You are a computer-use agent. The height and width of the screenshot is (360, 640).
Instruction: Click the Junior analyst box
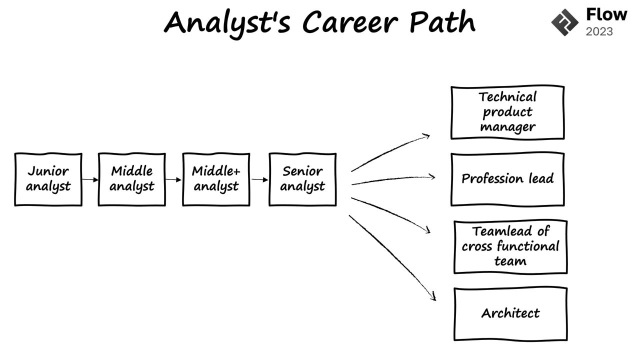tap(48, 179)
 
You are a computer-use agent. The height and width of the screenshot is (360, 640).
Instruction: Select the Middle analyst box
tap(131, 179)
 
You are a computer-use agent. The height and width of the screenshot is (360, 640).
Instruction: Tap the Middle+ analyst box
tap(216, 179)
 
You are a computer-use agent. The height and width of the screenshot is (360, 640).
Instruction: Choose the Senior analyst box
tap(302, 179)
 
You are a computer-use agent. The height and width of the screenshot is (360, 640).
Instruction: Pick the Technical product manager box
tap(507, 112)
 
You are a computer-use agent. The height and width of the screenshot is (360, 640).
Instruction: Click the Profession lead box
tap(507, 179)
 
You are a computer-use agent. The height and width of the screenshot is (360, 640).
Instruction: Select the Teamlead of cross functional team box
tap(510, 246)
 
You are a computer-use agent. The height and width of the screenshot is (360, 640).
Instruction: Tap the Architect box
tap(510, 313)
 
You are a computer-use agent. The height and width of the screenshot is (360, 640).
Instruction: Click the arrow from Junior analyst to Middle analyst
tap(90, 179)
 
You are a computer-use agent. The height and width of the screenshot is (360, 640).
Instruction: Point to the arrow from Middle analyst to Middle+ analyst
tap(173, 179)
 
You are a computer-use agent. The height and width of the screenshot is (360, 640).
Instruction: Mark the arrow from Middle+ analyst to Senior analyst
tap(259, 179)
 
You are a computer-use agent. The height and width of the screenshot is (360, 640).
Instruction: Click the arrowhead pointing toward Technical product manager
tap(426, 135)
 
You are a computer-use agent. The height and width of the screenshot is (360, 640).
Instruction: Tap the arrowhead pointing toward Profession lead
tap(432, 176)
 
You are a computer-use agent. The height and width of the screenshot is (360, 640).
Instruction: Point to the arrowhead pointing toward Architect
tap(433, 297)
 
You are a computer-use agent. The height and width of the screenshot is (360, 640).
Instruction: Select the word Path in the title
tap(442, 22)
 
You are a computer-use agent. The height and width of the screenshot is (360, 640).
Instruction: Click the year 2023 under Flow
tap(599, 32)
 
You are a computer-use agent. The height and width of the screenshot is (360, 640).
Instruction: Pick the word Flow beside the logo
tap(606, 14)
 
